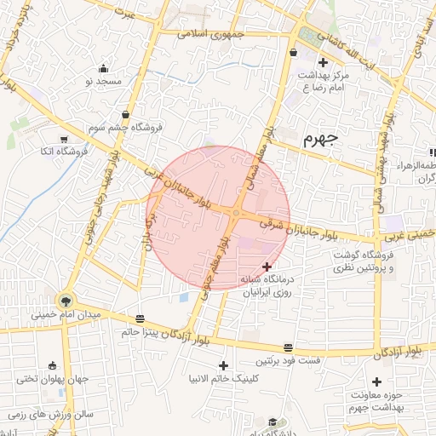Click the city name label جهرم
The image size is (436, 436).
point(320,139)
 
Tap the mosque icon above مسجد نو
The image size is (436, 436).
point(104,69)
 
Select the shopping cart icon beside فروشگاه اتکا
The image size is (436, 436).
point(65,139)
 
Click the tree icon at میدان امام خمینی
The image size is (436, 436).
point(66,301)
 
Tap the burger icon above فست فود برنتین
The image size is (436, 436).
point(289,348)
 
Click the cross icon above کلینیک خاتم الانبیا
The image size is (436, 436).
point(223,365)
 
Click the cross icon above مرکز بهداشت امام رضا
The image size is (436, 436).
point(322,62)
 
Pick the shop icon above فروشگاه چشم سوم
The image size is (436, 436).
point(126,114)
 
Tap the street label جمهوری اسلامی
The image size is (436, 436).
point(211,34)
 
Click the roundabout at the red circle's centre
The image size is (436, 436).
point(234,213)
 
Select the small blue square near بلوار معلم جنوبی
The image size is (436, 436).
point(184,297)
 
